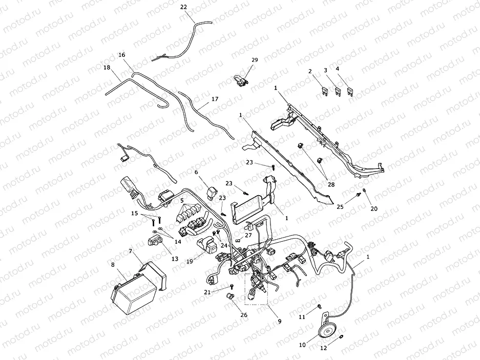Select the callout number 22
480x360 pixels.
click(183, 7)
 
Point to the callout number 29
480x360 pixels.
click(255, 60)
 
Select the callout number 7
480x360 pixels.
click(131, 251)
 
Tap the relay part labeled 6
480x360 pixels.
click(211, 192)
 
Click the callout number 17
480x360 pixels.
click(215, 99)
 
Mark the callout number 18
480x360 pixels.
click(107, 68)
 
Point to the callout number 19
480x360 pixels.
click(190, 261)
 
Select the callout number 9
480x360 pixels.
click(279, 322)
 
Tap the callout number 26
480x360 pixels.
click(244, 315)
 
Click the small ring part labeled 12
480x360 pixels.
click(341, 336)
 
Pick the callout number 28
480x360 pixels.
click(331, 184)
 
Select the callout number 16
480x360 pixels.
click(121, 55)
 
